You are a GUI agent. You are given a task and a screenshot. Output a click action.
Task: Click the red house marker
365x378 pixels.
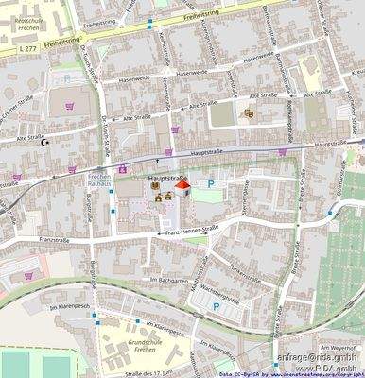182,186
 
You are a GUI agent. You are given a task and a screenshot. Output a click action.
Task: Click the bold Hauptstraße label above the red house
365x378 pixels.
166,176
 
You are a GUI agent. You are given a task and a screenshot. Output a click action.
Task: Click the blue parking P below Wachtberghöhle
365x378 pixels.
216,306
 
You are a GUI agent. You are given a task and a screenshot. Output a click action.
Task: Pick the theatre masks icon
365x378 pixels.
249,113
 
